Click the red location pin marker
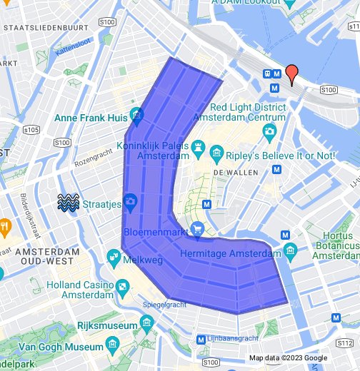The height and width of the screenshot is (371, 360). click(x=291, y=74)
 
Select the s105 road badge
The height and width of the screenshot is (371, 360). click(x=31, y=131)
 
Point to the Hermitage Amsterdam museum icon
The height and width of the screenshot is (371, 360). click(x=290, y=250)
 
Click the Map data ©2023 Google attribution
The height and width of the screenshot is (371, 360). click(x=288, y=357)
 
